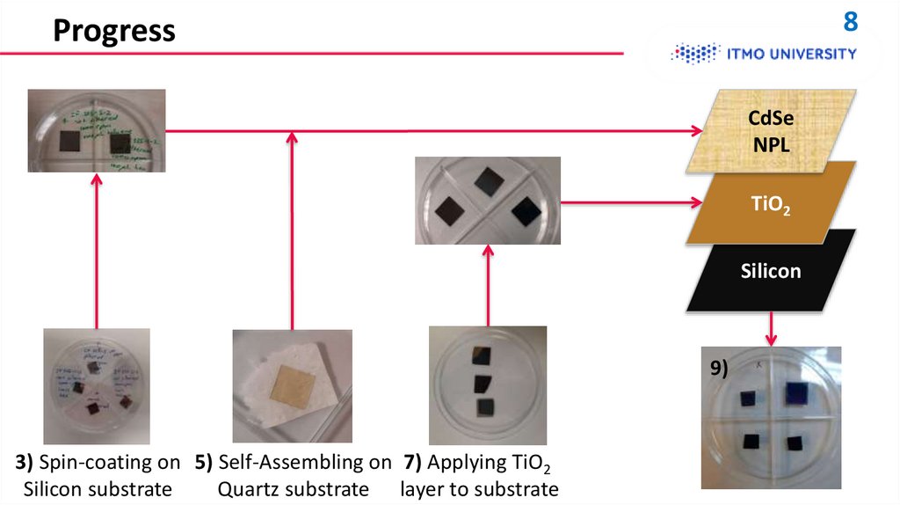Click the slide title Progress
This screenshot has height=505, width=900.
(113, 31)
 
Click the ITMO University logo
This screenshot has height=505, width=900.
(764, 54)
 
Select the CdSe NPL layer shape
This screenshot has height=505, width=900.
(770, 131)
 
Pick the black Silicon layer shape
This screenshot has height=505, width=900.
(769, 270)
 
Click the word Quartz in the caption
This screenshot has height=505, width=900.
(249, 489)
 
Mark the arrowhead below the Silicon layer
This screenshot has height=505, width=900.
(771, 339)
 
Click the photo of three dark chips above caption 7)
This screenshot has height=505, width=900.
(487, 385)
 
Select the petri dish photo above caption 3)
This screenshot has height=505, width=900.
(97, 385)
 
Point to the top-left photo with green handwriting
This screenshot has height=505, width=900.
(97, 129)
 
